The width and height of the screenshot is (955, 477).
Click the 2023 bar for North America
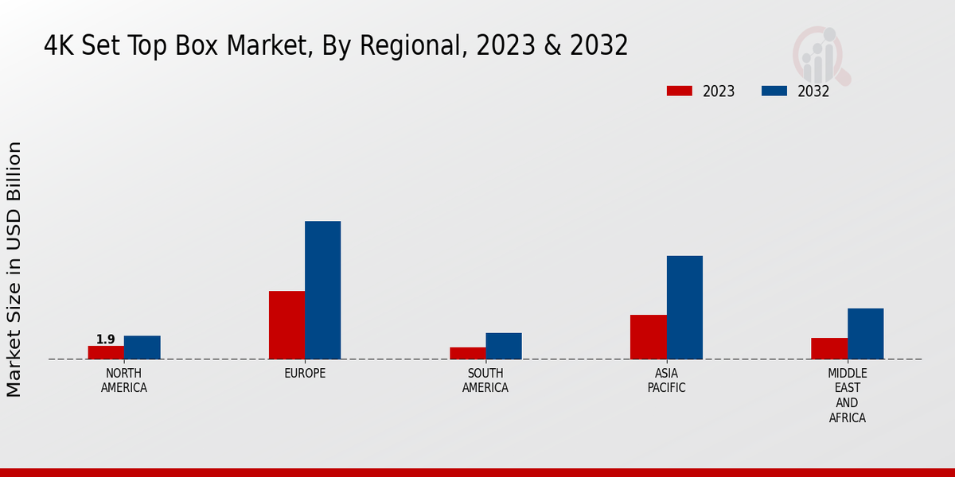click(x=106, y=352)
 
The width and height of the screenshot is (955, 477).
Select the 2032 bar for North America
click(x=142, y=347)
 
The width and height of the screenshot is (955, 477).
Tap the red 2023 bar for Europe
click(x=286, y=325)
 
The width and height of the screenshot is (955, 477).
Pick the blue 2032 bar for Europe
click(x=322, y=290)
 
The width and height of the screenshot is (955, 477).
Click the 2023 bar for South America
click(x=467, y=353)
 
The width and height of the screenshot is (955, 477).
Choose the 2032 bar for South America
click(x=504, y=346)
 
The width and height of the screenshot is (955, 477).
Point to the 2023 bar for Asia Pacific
click(x=649, y=337)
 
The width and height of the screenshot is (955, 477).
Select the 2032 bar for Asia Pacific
click(x=684, y=308)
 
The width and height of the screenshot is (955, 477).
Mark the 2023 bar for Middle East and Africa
click(x=829, y=348)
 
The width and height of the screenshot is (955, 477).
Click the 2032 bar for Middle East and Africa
click(x=865, y=334)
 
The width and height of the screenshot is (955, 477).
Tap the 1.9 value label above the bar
click(x=106, y=339)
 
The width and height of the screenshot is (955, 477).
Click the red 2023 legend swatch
click(x=680, y=91)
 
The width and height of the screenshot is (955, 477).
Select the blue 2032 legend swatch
click(x=774, y=91)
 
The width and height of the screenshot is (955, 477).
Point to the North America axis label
click(x=123, y=381)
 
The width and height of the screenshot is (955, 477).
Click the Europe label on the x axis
click(x=305, y=374)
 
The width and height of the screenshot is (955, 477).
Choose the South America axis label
click(x=485, y=381)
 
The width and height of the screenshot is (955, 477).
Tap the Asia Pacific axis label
click(x=667, y=381)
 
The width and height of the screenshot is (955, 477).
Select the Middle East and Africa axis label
click(x=848, y=396)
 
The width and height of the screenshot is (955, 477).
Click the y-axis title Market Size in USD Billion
click(x=14, y=269)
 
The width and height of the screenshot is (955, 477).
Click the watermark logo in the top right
click(x=821, y=54)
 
